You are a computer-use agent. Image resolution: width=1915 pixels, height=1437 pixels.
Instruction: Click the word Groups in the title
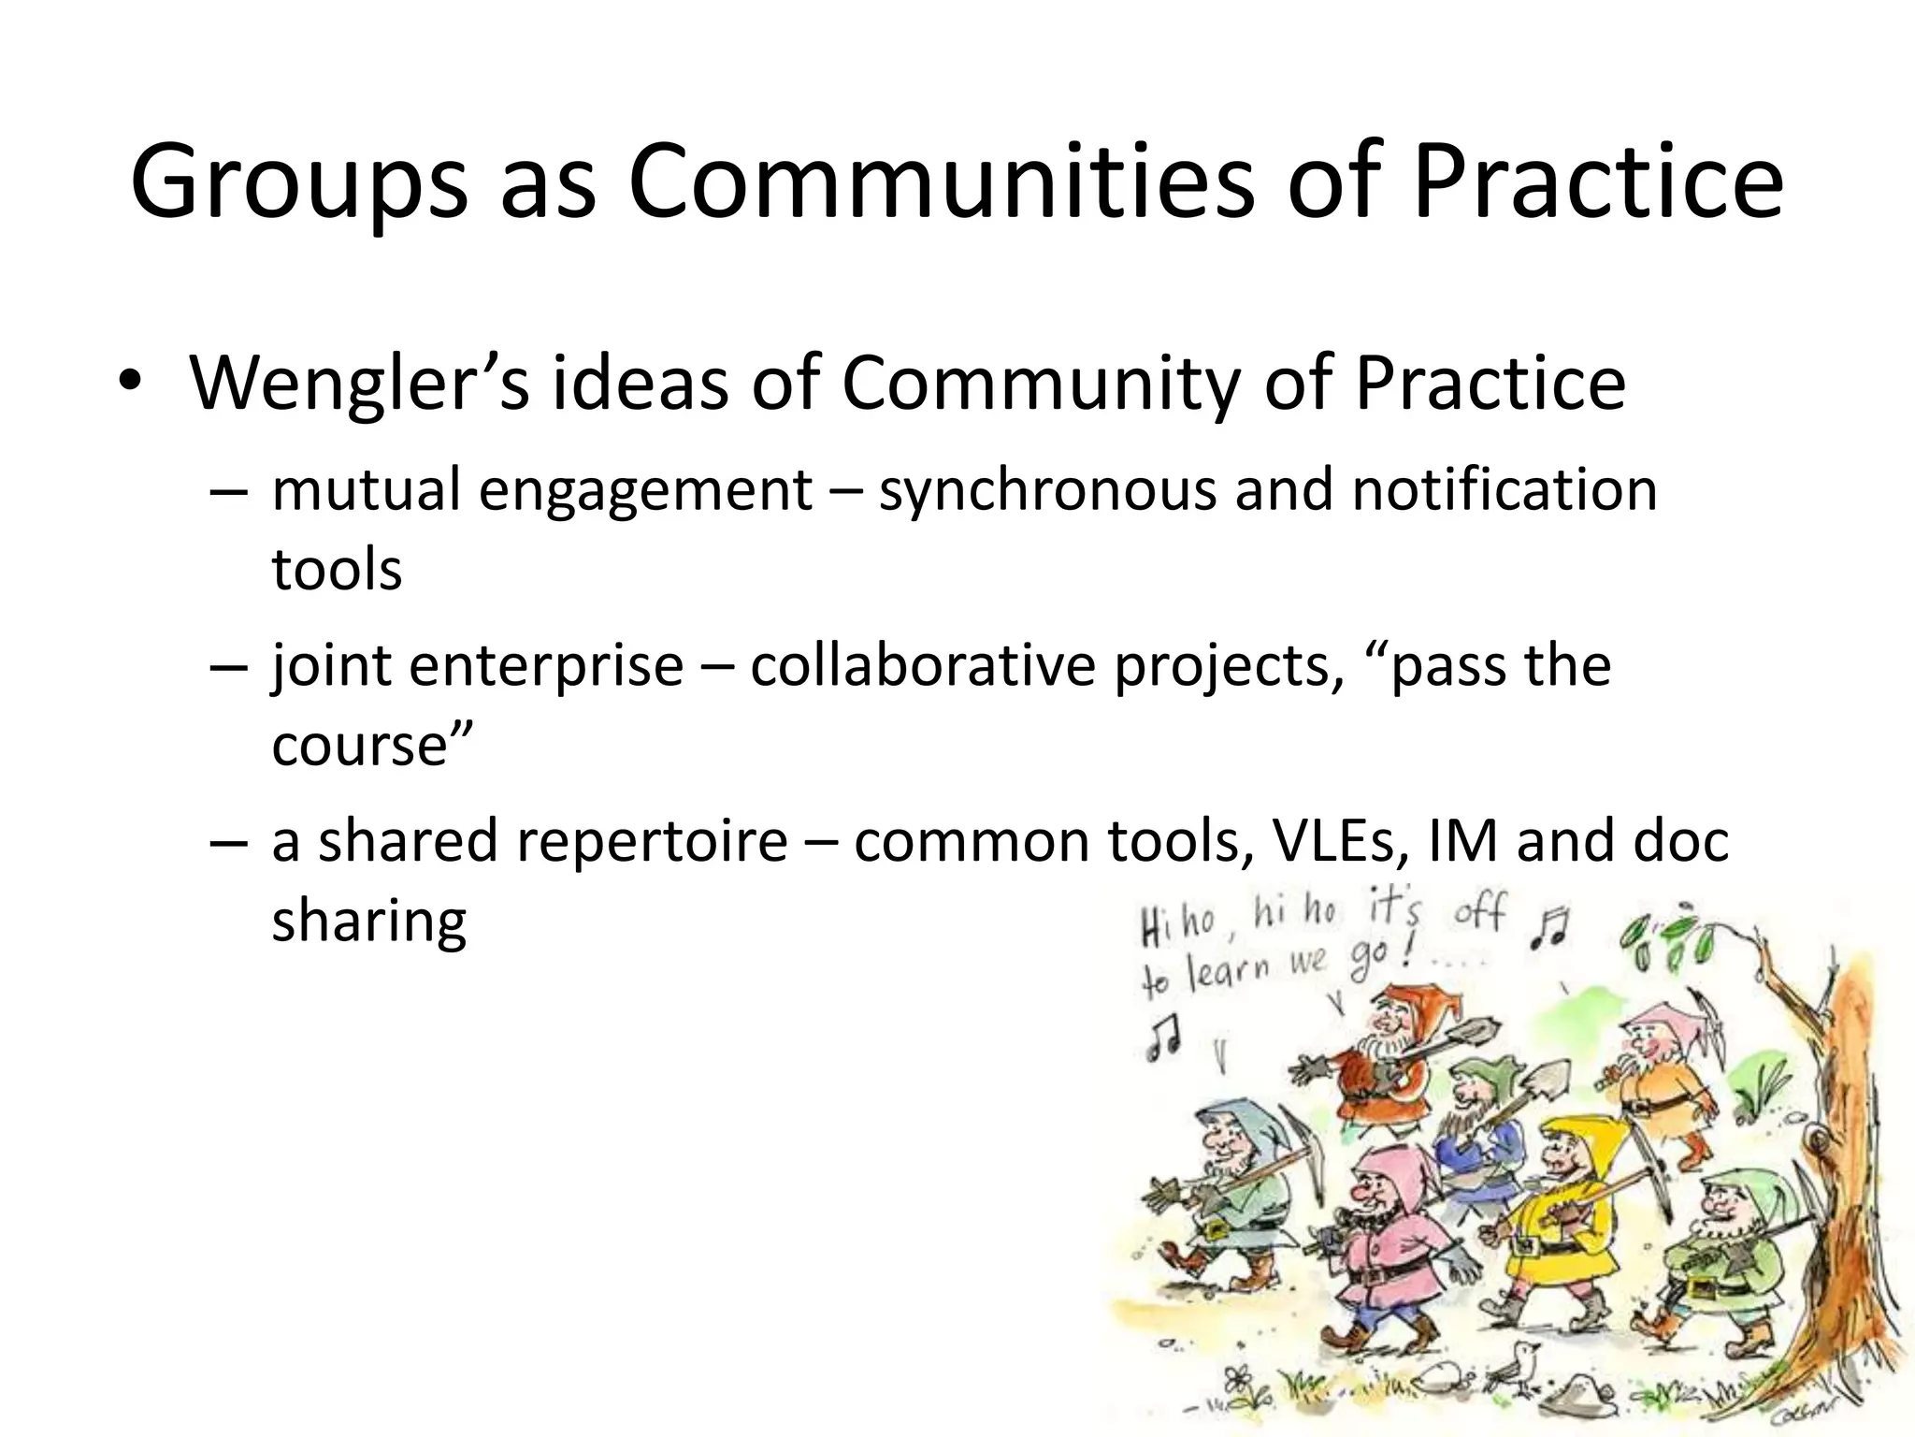pos(297,181)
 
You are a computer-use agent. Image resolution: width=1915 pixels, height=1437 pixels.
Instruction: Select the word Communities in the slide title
pos(940,181)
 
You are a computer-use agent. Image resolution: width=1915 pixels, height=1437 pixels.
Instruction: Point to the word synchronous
pos(1047,490)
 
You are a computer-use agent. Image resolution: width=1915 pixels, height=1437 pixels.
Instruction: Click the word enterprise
pos(546,665)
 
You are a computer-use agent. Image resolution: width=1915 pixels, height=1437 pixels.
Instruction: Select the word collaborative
pos(922,665)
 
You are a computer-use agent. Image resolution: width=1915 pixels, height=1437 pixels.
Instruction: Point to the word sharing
pos(368,921)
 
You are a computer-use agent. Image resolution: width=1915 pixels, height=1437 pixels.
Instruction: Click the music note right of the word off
pos(1551,927)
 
